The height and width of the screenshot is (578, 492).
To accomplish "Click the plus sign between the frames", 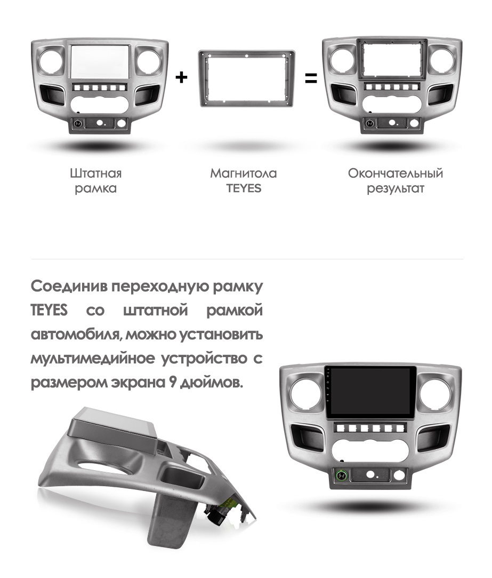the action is click(x=181, y=77).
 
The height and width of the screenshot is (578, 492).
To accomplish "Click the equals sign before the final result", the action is click(x=311, y=78).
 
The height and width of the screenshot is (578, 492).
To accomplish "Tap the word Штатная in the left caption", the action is click(x=96, y=173).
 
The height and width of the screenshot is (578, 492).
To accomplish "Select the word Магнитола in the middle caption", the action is click(x=244, y=173).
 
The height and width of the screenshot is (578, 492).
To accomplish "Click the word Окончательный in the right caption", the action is click(x=396, y=173).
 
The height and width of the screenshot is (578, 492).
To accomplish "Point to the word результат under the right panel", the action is click(x=396, y=189).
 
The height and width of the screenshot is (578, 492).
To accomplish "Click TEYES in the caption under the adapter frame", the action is click(x=244, y=188).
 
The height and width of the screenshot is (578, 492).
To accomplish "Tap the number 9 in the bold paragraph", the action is click(x=173, y=382).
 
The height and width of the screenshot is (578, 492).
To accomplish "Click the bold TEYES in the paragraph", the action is click(x=49, y=310).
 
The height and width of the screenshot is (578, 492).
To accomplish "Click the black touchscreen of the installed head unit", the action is click(x=370, y=392).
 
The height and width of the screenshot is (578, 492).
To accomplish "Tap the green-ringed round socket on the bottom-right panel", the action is click(x=341, y=476).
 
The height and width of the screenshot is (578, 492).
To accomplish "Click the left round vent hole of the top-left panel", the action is click(x=52, y=61).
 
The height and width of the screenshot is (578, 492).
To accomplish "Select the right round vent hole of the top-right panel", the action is click(x=441, y=60).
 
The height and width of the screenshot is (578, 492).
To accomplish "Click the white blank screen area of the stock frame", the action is click(x=100, y=61).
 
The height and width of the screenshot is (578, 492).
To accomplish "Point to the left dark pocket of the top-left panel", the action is click(x=52, y=94).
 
